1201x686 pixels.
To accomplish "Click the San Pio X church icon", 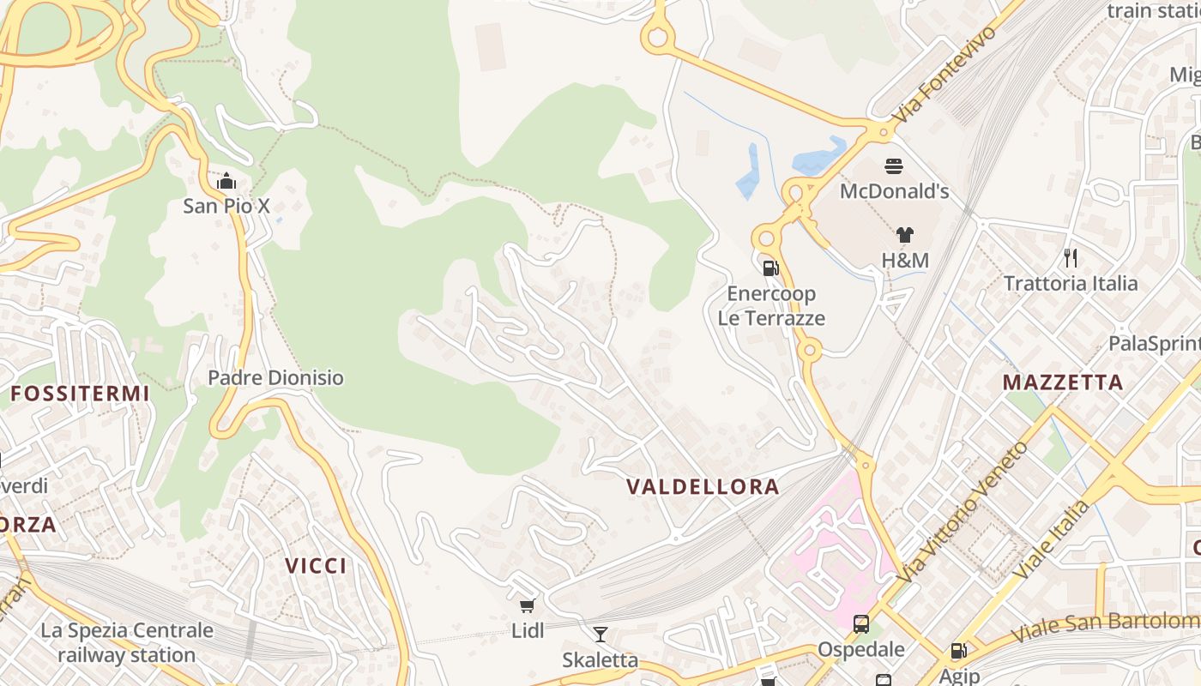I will (226, 182).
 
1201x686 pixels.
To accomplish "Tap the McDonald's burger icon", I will (894, 166).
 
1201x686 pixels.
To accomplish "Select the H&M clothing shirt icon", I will (904, 235).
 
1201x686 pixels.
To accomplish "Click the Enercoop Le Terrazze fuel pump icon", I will (770, 268).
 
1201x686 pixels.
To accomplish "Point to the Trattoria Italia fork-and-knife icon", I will (1070, 257).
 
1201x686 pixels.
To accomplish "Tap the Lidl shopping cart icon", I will (528, 606).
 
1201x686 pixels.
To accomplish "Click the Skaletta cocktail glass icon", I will (600, 635).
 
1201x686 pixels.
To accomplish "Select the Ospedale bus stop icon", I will (861, 624).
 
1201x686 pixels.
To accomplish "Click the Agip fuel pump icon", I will (958, 652).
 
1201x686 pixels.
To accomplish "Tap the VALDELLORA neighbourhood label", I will (703, 487).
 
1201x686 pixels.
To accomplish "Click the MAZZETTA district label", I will (1063, 382).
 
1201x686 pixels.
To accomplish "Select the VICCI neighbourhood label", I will (316, 566).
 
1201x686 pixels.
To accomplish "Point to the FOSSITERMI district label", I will (80, 394).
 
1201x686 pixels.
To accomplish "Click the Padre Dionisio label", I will (275, 378).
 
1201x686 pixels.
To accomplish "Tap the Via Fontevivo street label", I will (946, 73).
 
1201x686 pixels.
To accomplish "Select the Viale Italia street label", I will (1052, 539).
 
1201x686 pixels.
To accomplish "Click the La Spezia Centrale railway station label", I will (127, 643).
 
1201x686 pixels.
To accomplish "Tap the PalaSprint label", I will (1154, 344).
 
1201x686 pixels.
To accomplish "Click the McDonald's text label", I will (894, 191).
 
